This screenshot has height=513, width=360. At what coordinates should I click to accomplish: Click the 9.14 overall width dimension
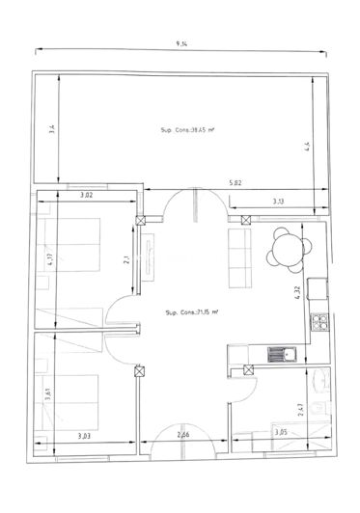pyautogui.click(x=181, y=44)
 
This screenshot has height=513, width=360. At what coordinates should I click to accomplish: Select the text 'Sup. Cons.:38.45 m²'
pyautogui.click(x=186, y=129)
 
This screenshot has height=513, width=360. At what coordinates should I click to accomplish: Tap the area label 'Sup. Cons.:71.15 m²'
pyautogui.click(x=191, y=311)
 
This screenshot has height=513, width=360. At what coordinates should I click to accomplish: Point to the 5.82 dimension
pyautogui.click(x=235, y=183)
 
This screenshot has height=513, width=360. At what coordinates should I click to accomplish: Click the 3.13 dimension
pyautogui.click(x=278, y=201)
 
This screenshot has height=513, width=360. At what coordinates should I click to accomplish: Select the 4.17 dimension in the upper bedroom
pyautogui.click(x=46, y=259)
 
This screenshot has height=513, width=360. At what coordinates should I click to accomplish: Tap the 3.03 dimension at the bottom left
pyautogui.click(x=85, y=436)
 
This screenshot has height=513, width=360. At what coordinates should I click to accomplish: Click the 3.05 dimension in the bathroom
pyautogui.click(x=281, y=433)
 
